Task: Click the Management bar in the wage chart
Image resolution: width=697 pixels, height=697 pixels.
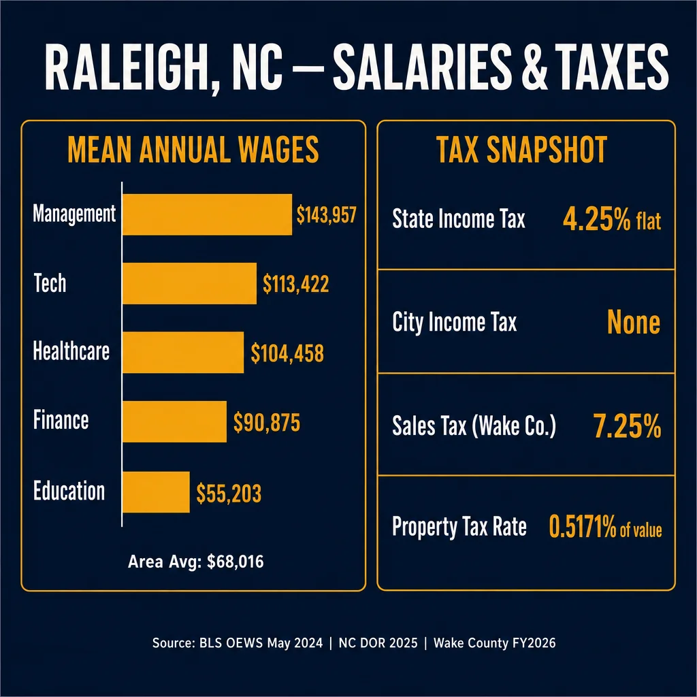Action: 207,214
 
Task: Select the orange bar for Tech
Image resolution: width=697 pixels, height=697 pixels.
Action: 189,284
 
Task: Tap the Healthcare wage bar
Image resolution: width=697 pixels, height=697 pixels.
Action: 183,353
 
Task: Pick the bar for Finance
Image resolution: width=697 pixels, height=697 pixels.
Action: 175,421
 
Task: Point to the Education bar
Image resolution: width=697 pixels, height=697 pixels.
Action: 156,492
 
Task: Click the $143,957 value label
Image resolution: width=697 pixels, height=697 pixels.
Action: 326,215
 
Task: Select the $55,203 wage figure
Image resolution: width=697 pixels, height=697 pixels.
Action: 229,493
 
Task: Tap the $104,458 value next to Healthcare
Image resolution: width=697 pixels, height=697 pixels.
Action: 287,353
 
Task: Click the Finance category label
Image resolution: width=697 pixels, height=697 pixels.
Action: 61,421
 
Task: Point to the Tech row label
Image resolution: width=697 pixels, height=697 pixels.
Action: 50,283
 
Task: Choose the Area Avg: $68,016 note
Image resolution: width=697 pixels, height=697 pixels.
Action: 195,562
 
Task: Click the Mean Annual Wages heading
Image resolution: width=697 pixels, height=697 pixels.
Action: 193,149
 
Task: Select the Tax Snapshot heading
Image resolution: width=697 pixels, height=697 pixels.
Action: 522,150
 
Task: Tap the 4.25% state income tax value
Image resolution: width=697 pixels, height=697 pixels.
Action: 596,219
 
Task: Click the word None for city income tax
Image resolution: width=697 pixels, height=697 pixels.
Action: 634,322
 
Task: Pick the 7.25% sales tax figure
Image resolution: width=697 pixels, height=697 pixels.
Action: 627,426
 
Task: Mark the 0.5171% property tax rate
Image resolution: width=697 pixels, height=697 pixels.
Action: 583,527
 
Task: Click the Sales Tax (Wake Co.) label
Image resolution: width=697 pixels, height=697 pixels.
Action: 474,426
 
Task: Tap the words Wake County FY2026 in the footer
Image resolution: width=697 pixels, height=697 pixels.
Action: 494,643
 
